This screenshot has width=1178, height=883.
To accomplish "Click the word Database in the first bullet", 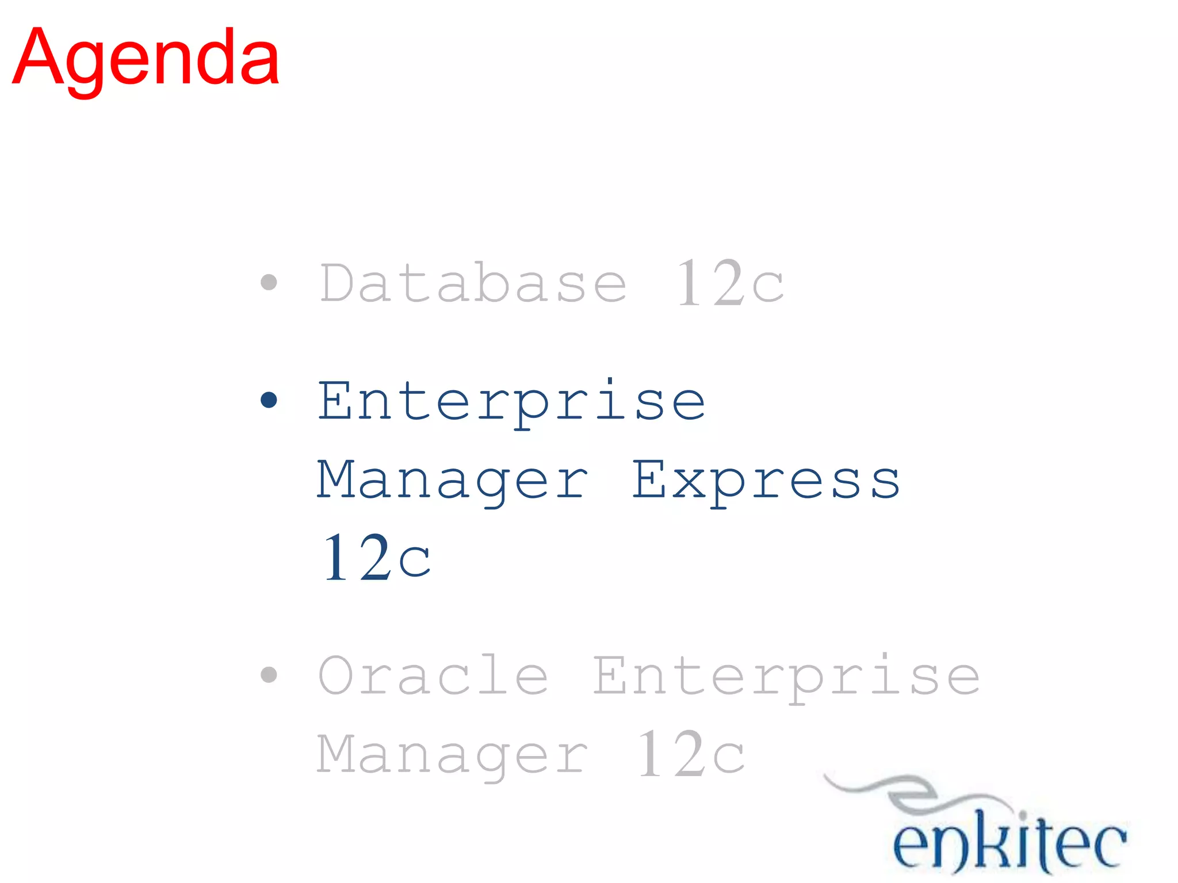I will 473,282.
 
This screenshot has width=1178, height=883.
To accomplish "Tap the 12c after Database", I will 729,282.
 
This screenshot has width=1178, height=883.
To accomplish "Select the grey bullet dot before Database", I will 269,282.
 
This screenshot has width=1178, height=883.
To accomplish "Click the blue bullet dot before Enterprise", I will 269,400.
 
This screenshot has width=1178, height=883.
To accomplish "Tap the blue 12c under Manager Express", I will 377,558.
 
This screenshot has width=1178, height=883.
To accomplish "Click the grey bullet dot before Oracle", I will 269,674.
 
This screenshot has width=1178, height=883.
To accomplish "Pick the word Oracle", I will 433,675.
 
